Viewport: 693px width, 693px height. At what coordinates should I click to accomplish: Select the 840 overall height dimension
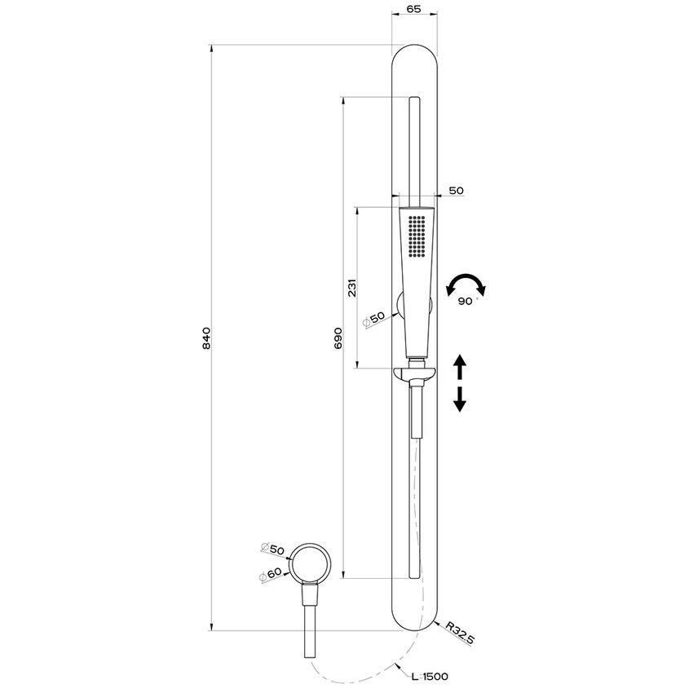click(x=206, y=338)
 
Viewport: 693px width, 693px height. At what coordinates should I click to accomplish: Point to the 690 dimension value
click(x=338, y=338)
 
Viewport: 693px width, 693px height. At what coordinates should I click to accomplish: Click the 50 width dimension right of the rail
click(x=456, y=190)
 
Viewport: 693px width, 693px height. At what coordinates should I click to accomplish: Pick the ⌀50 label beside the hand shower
click(x=374, y=318)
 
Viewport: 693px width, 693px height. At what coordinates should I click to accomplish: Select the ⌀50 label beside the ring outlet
click(x=271, y=550)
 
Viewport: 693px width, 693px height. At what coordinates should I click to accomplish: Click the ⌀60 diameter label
click(x=271, y=574)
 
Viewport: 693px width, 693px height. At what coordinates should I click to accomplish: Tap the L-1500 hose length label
click(x=429, y=676)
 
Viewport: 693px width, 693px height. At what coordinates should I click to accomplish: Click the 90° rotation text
click(x=466, y=301)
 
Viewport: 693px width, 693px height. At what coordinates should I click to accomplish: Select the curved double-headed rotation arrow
click(x=466, y=284)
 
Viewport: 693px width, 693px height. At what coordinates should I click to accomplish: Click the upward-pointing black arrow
click(x=459, y=366)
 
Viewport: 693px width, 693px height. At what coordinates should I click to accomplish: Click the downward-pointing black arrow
click(x=459, y=399)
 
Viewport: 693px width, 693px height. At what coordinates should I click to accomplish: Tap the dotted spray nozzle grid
click(x=417, y=235)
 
